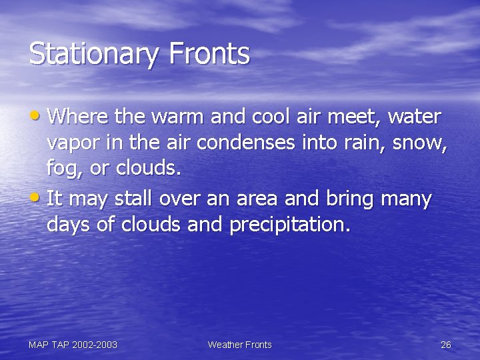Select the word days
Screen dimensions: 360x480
pos(69,225)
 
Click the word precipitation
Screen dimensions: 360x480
pos(289,225)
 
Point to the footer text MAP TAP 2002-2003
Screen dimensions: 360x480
pos(73,345)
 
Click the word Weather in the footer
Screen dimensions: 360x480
pos(225,345)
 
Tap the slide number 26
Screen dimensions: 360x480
pos(446,345)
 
